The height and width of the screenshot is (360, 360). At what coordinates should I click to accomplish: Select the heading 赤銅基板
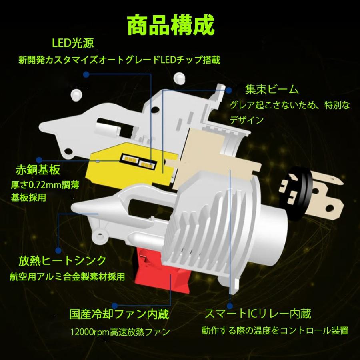tap(38, 170)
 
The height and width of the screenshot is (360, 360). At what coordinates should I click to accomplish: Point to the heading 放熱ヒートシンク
tap(62, 261)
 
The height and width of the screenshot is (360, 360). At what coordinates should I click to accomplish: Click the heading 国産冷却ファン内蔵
tap(118, 313)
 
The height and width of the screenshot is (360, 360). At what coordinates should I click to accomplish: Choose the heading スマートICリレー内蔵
tap(258, 313)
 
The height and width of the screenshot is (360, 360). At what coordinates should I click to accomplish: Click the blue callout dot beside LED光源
tap(86, 74)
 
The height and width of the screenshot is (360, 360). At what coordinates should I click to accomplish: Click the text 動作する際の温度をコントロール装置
tap(275, 331)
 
